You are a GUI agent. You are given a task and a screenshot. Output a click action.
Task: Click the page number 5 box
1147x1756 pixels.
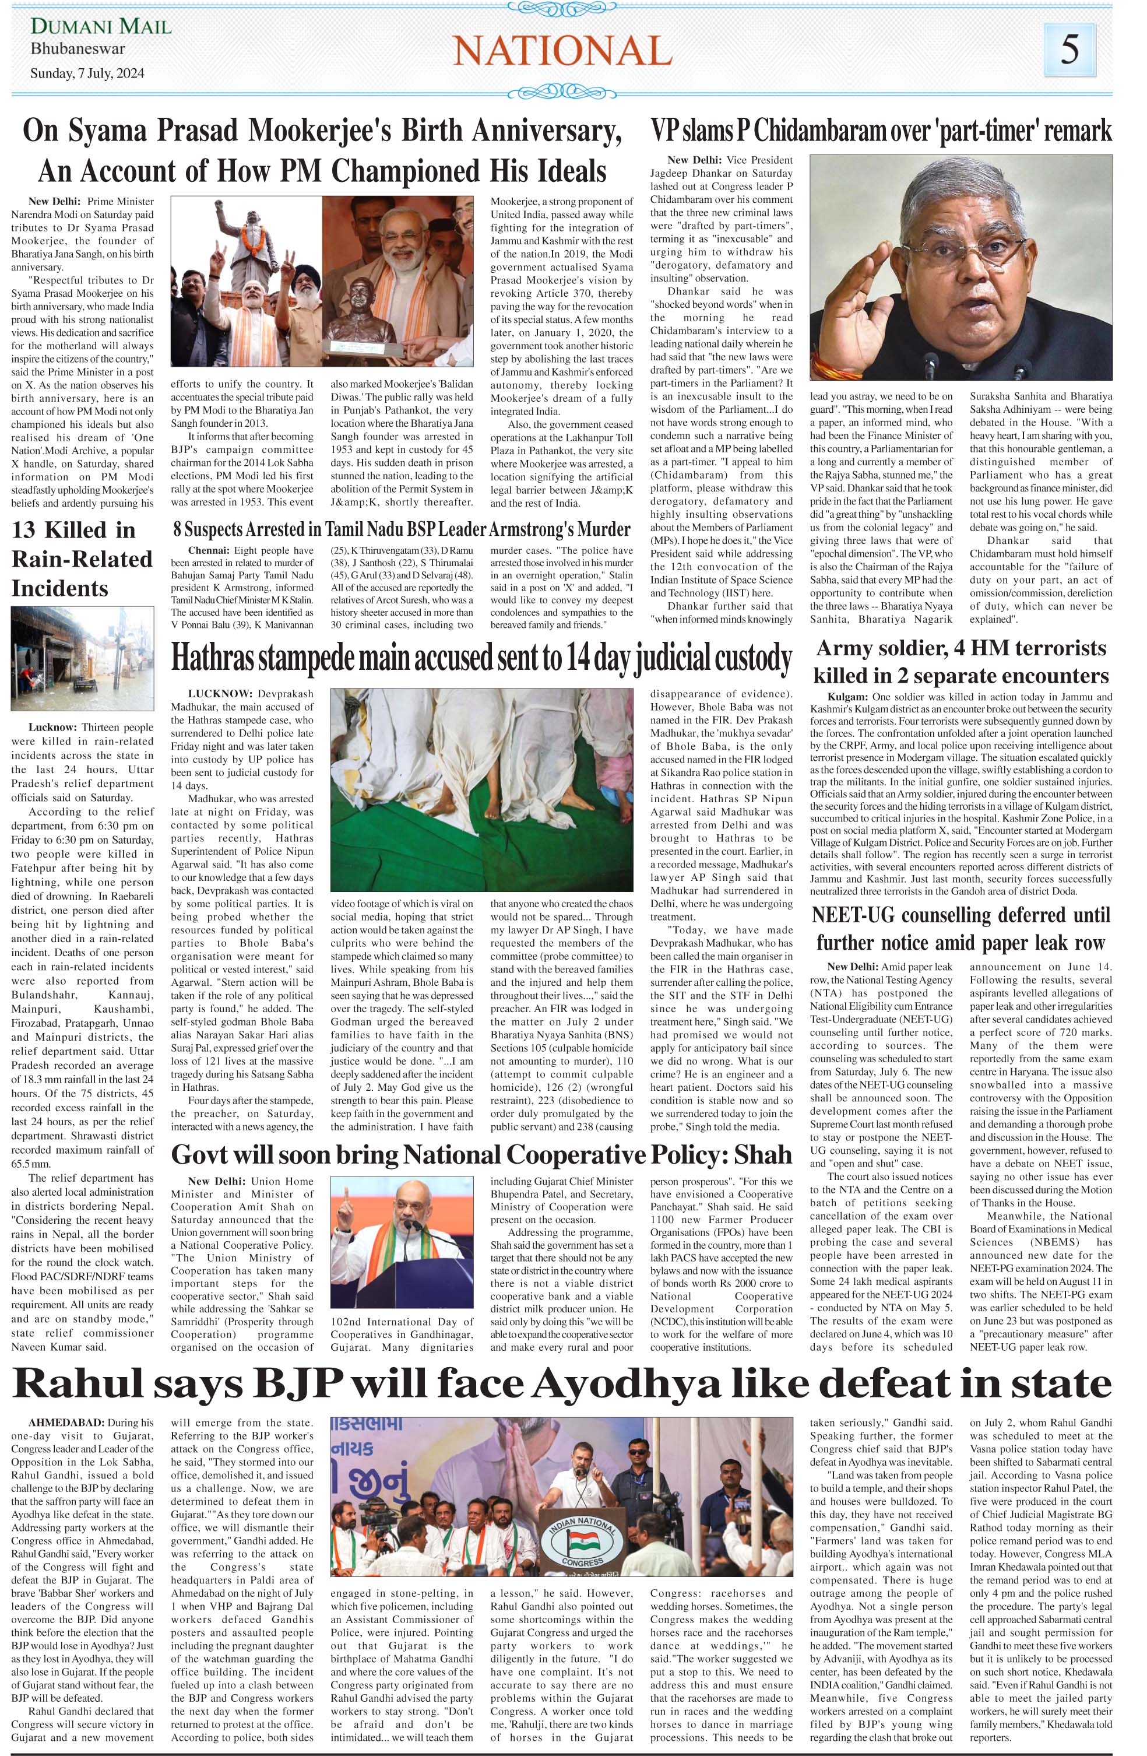pos(1069,50)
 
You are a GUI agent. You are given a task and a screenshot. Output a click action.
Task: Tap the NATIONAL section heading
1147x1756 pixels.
pos(562,50)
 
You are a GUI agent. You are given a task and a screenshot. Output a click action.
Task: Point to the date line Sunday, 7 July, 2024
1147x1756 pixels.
pos(87,73)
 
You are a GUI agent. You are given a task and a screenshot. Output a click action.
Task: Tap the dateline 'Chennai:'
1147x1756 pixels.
pos(209,550)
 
